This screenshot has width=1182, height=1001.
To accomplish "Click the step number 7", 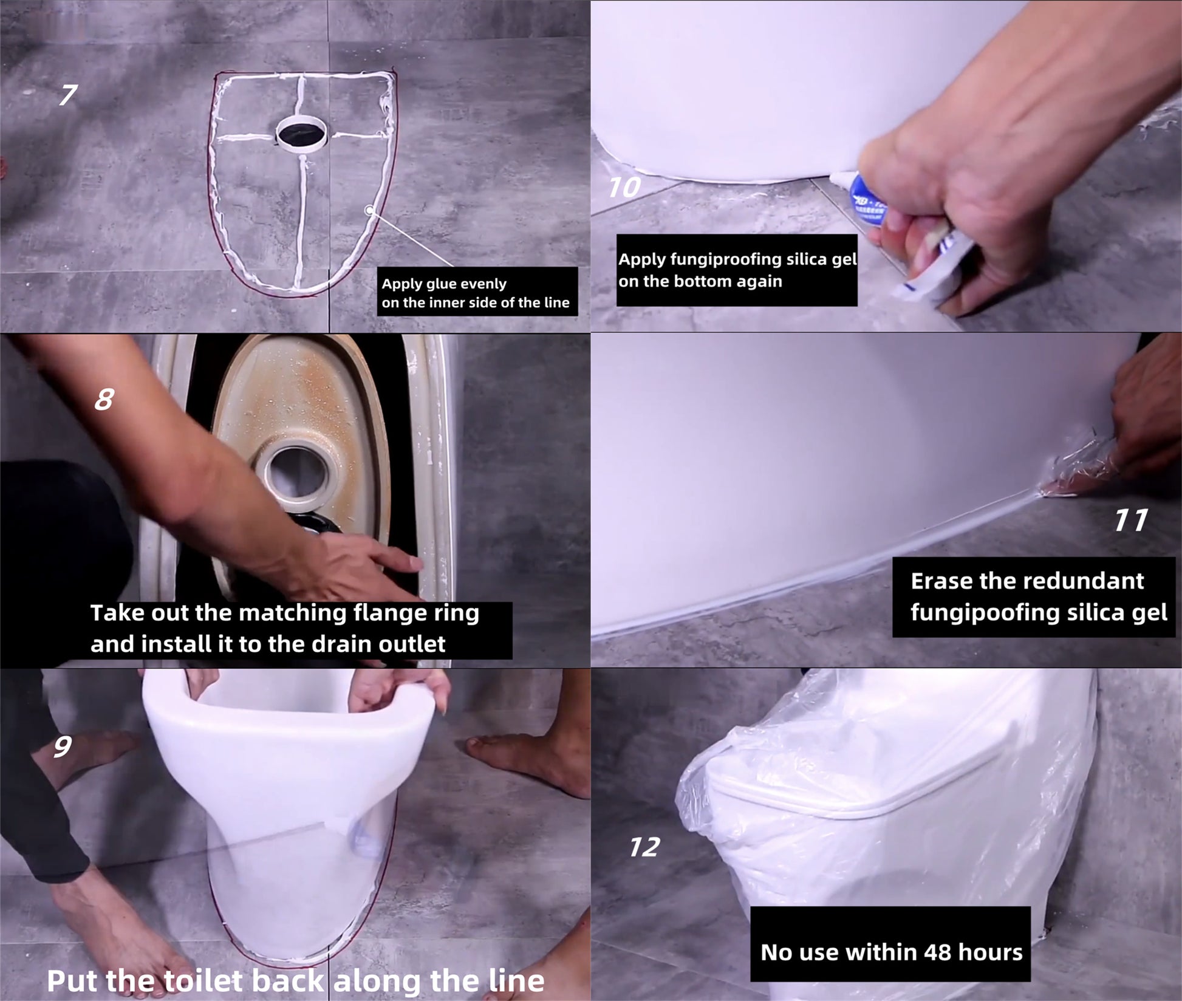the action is click(68, 95).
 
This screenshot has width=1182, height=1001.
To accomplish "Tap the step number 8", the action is click(104, 399).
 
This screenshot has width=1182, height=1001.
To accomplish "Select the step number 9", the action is click(63, 746).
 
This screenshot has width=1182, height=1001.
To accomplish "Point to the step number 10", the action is click(625, 187).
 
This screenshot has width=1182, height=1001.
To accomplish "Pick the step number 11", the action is click(1131, 520).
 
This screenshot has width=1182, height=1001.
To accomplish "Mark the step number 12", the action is click(644, 847).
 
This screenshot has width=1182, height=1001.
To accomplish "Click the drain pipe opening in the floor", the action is click(302, 131).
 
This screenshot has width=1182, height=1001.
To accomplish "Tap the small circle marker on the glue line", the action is click(369, 210).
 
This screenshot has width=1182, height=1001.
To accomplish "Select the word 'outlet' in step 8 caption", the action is click(412, 644).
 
